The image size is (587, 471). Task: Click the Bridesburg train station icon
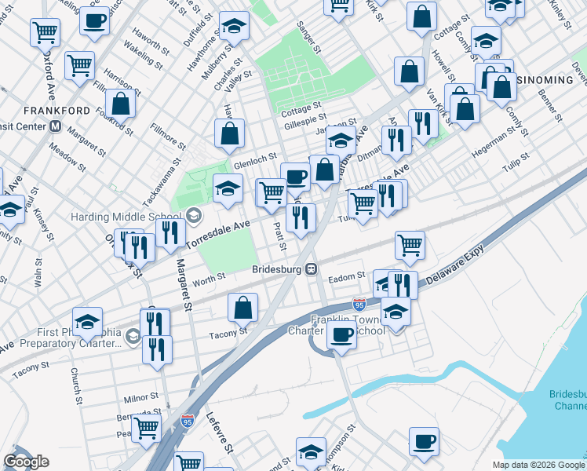(312, 269)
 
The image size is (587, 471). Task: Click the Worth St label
(210, 277)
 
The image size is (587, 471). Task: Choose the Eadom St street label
(347, 276)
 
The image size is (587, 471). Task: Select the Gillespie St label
(304, 115)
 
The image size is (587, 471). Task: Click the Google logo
(26, 462)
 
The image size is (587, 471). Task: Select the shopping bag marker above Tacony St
(243, 308)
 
